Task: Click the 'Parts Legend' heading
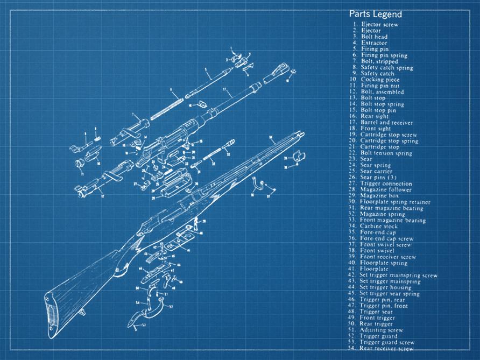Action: click(x=375, y=14)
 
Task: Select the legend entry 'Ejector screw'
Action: click(x=379, y=25)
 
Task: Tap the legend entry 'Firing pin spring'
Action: click(x=384, y=55)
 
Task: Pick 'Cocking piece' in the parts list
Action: click(x=380, y=80)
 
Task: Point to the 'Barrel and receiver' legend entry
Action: click(x=386, y=123)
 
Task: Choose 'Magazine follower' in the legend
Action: click(x=385, y=190)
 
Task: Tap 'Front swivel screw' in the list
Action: click(x=385, y=244)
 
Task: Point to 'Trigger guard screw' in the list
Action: click(x=387, y=342)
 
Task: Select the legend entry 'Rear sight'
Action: click(x=375, y=116)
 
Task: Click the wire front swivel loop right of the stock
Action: click(x=260, y=186)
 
